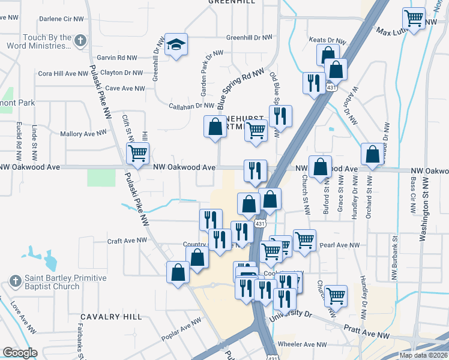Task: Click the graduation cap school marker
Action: [176, 44]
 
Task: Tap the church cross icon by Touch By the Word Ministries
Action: [81, 41]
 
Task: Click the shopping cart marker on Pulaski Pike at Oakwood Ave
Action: [138, 153]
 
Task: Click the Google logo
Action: [20, 353]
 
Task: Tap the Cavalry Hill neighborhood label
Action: [112, 316]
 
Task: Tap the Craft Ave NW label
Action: [127, 240]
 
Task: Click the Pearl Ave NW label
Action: [340, 245]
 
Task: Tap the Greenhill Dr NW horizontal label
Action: [249, 38]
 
